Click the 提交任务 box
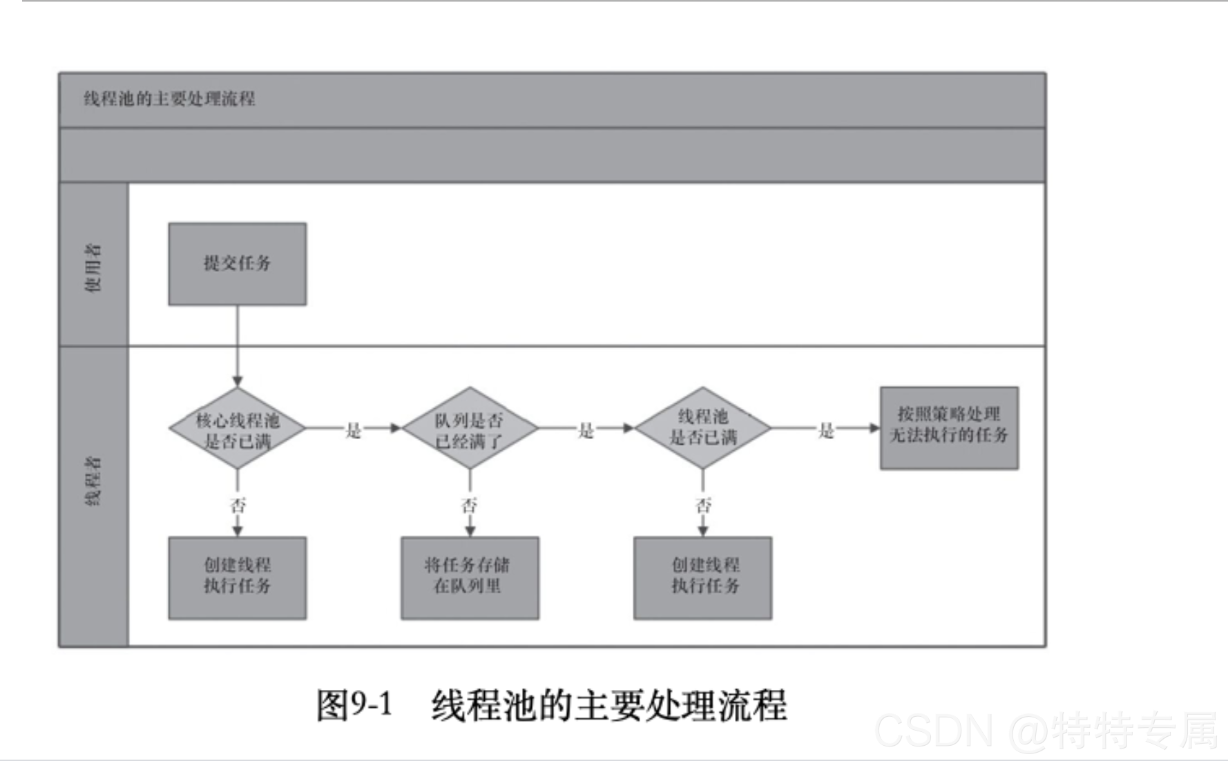(237, 264)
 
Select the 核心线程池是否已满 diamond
(237, 430)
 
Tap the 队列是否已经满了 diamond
(470, 430)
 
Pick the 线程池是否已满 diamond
(702, 428)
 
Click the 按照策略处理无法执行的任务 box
(948, 427)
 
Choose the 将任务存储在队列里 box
(470, 577)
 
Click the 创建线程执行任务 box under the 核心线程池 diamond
(237, 577)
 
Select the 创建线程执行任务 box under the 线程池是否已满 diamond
(702, 577)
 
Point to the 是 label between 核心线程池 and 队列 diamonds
(353, 431)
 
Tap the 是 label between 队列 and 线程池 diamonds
(586, 431)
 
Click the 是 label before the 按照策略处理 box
(826, 431)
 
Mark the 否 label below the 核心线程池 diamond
(238, 505)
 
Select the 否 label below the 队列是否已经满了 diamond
(470, 505)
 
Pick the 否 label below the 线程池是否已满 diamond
(703, 505)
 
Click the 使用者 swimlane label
(93, 267)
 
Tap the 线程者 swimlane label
(93, 481)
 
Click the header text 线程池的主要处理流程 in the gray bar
(169, 99)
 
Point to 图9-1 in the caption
(354, 705)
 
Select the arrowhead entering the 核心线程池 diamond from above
(237, 381)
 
